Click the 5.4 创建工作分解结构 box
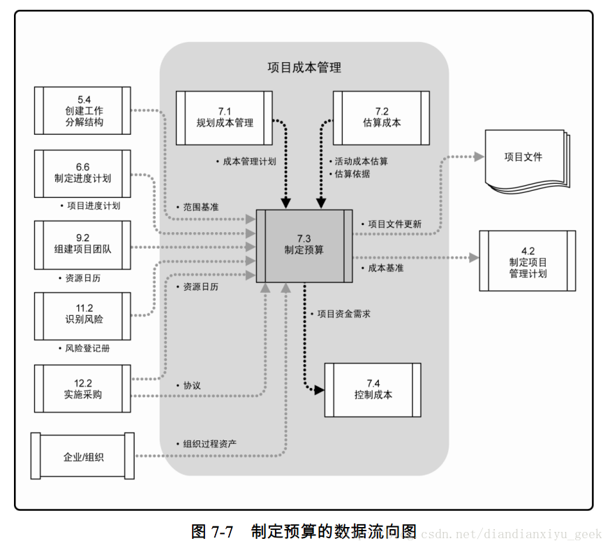coord(82,110)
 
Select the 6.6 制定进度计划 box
coord(82,172)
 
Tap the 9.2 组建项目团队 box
coord(82,245)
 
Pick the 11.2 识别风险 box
coord(82,315)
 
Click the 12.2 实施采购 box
coord(82,388)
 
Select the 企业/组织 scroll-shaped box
coord(82,456)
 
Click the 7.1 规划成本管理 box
coord(224,117)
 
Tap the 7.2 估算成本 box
coord(381,117)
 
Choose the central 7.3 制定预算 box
coord(304,245)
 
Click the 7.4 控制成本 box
coord(373,389)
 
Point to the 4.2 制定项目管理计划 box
coord(527,261)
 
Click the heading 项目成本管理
coord(304,68)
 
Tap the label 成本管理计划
coord(249,161)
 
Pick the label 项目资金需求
coord(343,314)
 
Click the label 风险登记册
coord(87,347)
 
